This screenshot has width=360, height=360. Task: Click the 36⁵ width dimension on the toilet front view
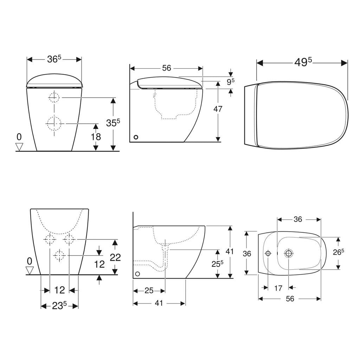point(54,59)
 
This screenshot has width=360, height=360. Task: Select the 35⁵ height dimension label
point(113,122)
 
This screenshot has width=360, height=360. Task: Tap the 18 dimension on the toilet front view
point(96,136)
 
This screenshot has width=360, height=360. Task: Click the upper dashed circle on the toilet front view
point(54,97)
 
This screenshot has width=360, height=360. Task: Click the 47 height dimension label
point(218,109)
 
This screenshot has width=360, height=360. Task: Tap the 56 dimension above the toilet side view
point(166,68)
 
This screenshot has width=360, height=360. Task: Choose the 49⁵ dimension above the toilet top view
point(303,62)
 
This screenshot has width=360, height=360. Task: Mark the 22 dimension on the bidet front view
point(115,257)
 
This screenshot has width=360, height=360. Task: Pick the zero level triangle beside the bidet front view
point(30,270)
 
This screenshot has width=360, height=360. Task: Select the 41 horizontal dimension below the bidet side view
point(159,303)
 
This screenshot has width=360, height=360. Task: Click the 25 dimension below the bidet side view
point(149,291)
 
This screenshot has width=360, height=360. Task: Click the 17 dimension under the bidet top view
point(278,288)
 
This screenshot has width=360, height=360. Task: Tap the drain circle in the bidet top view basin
point(289,253)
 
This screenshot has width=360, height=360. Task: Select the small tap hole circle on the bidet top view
point(268,253)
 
